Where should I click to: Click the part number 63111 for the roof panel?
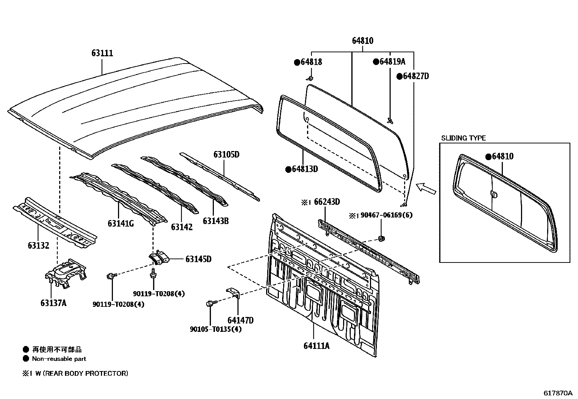[102, 53]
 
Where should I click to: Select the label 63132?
[38, 245]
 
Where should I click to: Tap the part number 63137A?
[53, 303]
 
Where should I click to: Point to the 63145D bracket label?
[198, 259]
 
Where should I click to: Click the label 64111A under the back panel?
[317, 345]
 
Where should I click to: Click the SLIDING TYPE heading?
[463, 138]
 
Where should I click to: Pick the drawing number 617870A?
[558, 393]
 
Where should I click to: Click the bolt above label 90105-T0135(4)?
[211, 304]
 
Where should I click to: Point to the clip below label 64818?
[310, 78]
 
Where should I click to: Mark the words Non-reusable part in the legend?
[59, 359]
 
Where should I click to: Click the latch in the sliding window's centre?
[493, 194]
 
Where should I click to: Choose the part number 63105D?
[226, 154]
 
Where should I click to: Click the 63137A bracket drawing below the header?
[65, 272]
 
